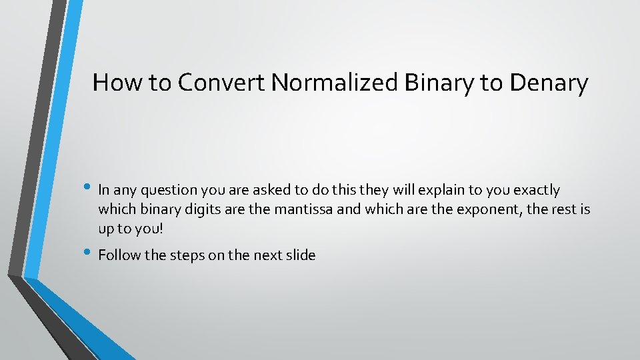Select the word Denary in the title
[549, 83]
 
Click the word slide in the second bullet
[299, 255]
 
